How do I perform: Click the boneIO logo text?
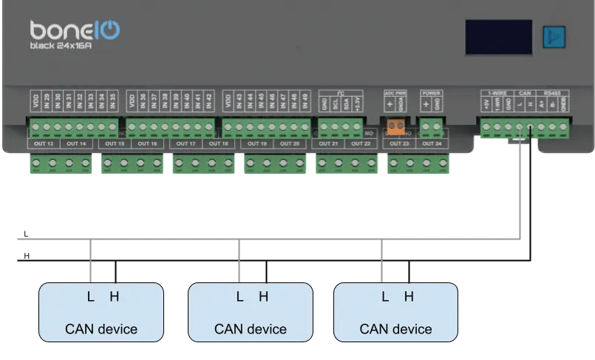click(75, 30)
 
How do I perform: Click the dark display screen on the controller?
click(498, 37)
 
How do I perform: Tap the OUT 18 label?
click(220, 143)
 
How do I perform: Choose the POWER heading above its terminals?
click(431, 93)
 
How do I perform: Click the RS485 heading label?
click(552, 93)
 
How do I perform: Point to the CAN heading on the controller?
click(526, 93)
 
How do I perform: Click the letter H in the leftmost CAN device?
click(114, 296)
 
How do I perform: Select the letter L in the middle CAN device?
click(239, 296)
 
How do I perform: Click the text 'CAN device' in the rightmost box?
click(395, 329)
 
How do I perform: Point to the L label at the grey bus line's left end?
click(26, 234)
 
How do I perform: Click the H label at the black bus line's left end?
click(26, 255)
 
